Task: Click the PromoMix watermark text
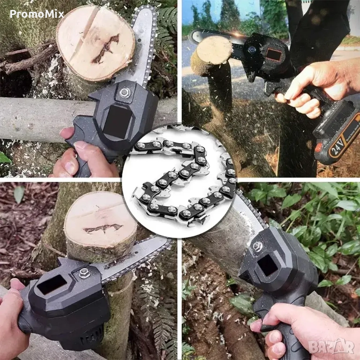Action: coord(37,14)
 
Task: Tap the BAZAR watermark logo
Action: coord(331,346)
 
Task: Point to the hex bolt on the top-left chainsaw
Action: coord(125,92)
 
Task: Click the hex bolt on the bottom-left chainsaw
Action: coord(84,273)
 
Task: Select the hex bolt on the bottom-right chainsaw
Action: coord(258,247)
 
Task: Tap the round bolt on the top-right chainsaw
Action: coord(252,49)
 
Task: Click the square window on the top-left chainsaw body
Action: coord(117,122)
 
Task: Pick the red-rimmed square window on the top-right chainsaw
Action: coord(273,55)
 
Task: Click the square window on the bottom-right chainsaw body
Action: coord(268,265)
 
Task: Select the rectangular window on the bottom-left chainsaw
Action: coord(52,285)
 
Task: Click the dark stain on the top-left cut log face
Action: coord(106,49)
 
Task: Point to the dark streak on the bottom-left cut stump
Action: coord(103,228)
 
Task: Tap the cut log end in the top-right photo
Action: coord(214,50)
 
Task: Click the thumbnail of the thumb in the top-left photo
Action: coord(79,146)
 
